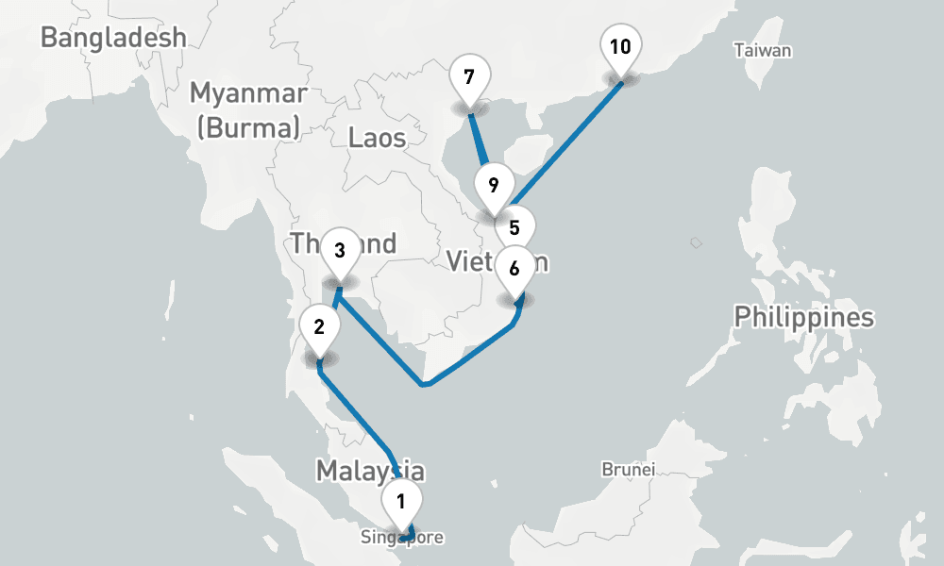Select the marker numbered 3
click(340, 252)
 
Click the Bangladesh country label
click(113, 38)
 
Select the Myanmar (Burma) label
click(248, 109)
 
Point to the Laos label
click(377, 138)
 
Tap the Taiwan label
click(763, 51)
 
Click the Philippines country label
click(803, 317)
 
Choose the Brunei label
click(629, 469)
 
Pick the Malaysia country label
click(369, 470)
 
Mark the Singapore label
click(400, 538)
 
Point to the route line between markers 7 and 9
click(480, 141)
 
